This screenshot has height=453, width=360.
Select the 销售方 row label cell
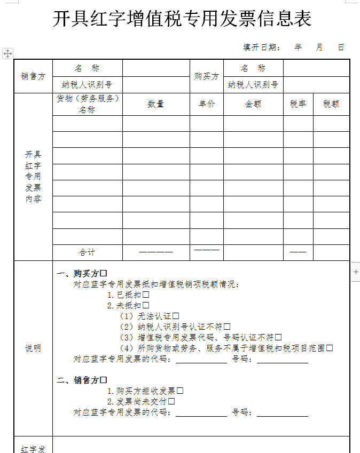[33, 76]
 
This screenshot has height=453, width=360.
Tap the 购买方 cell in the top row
[206, 76]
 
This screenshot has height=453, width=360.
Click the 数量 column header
[155, 105]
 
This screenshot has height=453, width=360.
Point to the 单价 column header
[206, 105]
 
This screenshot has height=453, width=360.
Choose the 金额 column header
[253, 105]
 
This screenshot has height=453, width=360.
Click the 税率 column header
[298, 105]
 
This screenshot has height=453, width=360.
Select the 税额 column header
[331, 105]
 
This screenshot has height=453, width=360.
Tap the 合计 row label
[87, 252]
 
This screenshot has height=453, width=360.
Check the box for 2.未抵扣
[145, 306]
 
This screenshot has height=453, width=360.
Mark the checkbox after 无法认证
[176, 316]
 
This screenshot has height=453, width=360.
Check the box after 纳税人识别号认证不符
[227, 327]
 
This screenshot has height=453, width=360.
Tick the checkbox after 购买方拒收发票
[180, 391]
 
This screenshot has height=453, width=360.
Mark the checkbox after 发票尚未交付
[171, 402]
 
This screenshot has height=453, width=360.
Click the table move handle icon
[7, 53]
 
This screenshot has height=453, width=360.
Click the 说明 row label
[33, 348]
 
